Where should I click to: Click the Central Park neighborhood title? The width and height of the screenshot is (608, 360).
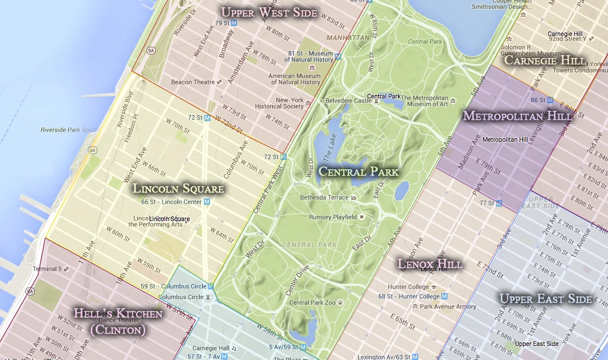358,172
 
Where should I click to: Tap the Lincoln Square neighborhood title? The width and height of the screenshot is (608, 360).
178,189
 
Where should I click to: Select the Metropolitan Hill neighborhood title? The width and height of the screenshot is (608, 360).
517,116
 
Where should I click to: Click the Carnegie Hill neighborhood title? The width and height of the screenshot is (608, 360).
544,60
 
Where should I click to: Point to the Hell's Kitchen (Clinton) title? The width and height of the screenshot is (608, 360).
118,322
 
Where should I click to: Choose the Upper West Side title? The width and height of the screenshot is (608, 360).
269,12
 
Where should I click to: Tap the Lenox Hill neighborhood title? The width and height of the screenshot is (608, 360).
430,263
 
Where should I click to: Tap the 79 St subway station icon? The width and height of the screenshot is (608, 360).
234,23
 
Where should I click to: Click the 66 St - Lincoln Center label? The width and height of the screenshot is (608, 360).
172,202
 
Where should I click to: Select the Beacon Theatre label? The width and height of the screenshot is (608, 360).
193,82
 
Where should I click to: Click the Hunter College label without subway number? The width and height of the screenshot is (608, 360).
408,287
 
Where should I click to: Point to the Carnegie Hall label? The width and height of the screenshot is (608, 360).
211,348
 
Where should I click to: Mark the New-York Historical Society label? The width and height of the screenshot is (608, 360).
279,103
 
